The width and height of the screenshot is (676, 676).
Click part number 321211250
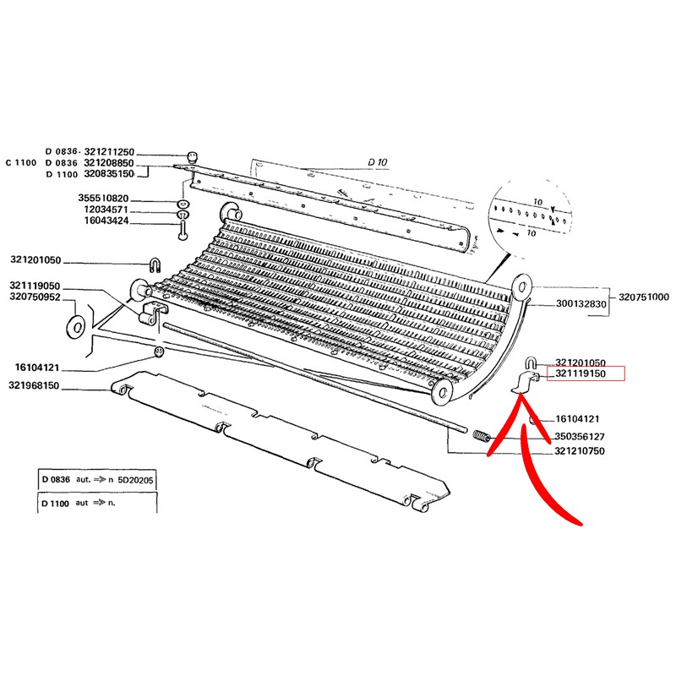pyautogui.click(x=109, y=152)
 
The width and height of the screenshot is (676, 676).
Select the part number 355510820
pyautogui.click(x=103, y=198)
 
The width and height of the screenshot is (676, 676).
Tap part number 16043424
pyautogui.click(x=106, y=221)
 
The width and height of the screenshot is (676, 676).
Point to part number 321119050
pyautogui.click(x=35, y=286)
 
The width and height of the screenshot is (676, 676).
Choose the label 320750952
pyautogui.click(x=35, y=297)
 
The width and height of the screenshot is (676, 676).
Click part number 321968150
pyautogui.click(x=34, y=385)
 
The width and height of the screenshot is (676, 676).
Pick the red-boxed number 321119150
pyautogui.click(x=581, y=373)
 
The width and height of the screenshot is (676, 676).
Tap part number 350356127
pyautogui.click(x=580, y=436)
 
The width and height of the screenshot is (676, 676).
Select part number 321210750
pyautogui.click(x=580, y=451)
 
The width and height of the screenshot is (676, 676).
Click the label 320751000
pyautogui.click(x=644, y=297)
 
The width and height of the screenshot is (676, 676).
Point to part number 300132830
pyautogui.click(x=581, y=303)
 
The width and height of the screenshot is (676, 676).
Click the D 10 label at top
pyautogui.click(x=378, y=162)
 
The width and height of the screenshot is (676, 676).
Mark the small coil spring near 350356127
pyautogui.click(x=482, y=436)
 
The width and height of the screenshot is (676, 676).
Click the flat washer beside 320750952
pyautogui.click(x=76, y=327)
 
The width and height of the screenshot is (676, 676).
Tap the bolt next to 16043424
pyautogui.click(x=182, y=231)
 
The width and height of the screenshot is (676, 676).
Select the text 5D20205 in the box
pyautogui.click(x=135, y=480)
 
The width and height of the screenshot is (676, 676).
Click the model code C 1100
pyautogui.click(x=21, y=162)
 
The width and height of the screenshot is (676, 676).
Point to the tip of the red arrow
pyautogui.click(x=521, y=393)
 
